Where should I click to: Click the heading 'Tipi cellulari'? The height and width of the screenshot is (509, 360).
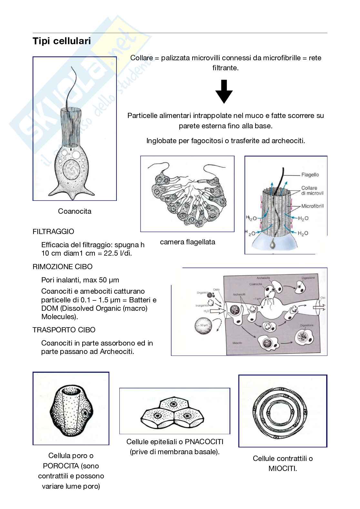click(x=62, y=41)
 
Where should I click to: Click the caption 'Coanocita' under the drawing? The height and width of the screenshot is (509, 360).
click(x=75, y=211)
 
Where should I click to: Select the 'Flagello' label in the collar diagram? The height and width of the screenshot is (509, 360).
click(x=310, y=175)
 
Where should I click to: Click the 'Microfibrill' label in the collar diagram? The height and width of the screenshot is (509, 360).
click(x=312, y=206)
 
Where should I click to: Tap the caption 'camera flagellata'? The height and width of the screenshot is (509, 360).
click(x=187, y=242)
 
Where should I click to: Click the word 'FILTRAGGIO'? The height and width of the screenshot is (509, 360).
click(x=53, y=231)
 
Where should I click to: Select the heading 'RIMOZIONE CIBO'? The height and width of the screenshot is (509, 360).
click(x=62, y=267)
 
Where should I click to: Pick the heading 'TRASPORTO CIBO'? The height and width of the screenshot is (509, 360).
click(x=64, y=330)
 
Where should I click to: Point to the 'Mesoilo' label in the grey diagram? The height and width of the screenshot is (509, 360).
click(x=237, y=343)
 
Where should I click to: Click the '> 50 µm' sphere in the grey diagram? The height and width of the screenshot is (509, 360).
click(x=203, y=326)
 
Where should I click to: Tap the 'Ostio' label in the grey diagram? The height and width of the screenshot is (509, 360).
click(x=216, y=290)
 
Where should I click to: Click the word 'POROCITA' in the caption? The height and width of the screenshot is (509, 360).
click(x=61, y=466)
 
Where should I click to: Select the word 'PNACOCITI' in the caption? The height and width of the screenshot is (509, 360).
click(x=204, y=442)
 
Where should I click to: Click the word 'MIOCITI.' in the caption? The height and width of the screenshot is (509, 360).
click(x=283, y=468)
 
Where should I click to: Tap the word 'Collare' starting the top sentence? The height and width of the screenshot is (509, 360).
click(x=141, y=58)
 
